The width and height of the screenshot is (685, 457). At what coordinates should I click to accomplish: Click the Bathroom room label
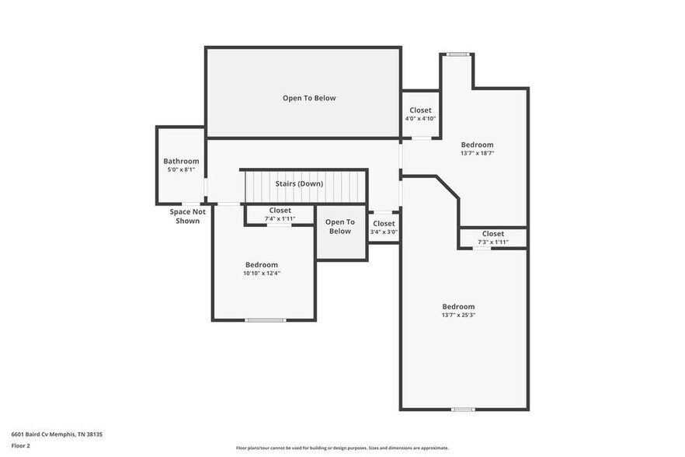click(181, 161)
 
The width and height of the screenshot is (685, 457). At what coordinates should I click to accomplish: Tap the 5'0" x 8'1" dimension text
click(181, 169)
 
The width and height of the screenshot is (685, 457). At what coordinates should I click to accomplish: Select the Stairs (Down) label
click(299, 183)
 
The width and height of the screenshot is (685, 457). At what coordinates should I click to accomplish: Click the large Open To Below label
click(309, 98)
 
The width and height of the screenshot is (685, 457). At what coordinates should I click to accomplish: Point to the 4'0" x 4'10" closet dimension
click(420, 119)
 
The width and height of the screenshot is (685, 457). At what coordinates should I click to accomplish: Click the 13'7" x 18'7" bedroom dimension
click(477, 154)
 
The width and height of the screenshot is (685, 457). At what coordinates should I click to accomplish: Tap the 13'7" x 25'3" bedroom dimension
click(458, 316)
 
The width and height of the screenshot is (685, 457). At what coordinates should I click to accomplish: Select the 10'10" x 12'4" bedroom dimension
click(261, 274)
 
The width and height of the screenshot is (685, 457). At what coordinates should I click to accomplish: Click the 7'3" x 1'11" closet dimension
click(492, 242)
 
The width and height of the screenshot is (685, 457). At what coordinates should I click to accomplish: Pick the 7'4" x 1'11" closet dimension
click(280, 219)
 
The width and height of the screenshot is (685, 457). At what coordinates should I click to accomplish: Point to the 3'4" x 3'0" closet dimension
click(384, 232)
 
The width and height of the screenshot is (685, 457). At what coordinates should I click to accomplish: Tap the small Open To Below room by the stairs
click(340, 232)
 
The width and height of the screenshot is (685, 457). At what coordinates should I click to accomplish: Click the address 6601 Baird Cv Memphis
click(57, 434)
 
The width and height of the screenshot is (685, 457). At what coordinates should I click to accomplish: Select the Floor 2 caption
click(21, 446)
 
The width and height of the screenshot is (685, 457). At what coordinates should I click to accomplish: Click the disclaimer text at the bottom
click(342, 448)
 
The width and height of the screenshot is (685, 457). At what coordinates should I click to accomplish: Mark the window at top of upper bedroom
click(457, 54)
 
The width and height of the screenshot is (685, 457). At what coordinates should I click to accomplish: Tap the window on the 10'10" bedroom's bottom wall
click(265, 320)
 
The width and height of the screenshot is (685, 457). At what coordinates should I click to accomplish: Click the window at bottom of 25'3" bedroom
click(463, 410)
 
